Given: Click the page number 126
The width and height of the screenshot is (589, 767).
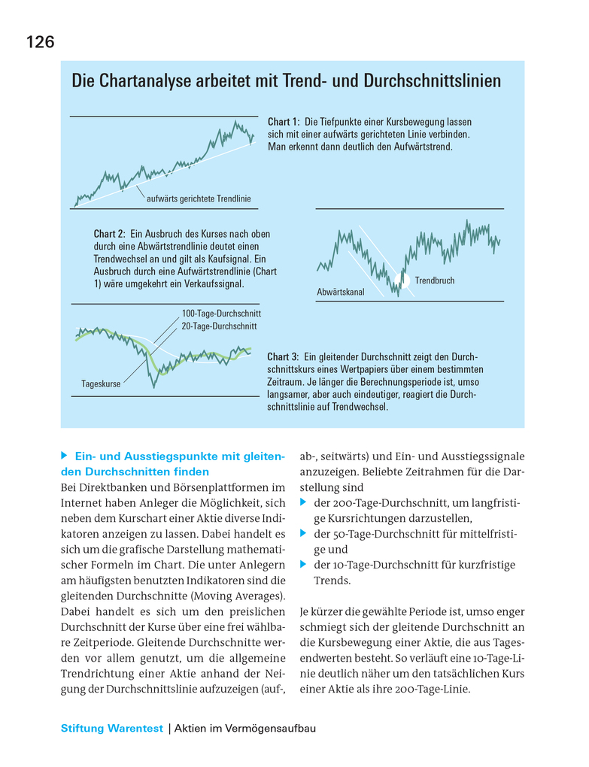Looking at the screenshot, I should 40,42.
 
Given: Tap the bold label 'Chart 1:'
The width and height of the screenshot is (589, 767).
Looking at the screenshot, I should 284,122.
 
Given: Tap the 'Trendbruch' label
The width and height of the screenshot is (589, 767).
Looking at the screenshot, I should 434,281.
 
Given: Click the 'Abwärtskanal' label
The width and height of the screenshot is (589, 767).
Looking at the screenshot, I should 340,292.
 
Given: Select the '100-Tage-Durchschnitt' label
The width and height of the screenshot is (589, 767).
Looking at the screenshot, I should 221,313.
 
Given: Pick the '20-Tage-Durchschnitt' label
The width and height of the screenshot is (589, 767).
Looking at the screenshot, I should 219,326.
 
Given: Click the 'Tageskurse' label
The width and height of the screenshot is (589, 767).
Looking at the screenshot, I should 101,384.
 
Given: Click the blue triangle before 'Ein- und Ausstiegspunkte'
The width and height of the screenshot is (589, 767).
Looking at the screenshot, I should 65,456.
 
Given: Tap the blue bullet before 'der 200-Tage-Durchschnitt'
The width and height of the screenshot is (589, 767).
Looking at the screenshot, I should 304,503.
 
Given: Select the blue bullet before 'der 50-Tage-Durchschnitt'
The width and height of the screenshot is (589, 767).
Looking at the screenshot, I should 304,534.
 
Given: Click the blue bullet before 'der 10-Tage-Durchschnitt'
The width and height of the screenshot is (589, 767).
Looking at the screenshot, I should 304,565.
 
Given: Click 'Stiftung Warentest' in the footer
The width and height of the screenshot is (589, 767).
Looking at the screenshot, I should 111,729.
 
